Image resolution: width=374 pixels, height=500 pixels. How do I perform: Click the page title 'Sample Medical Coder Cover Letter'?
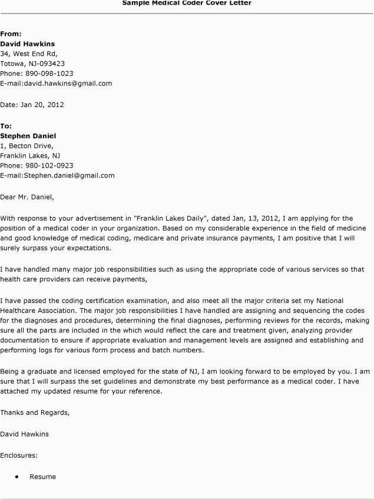[x=187, y=3]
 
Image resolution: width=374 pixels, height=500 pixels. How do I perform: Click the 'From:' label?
[x=10, y=34]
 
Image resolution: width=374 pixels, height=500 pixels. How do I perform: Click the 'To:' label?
[x=6, y=126]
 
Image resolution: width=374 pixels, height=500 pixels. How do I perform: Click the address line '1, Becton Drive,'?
[x=27, y=146]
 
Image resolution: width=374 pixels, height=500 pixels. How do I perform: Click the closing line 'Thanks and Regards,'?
[x=35, y=412]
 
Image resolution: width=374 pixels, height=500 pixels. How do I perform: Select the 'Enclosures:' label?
[x=19, y=455]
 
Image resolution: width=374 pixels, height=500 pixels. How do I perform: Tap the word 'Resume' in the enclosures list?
[x=43, y=476]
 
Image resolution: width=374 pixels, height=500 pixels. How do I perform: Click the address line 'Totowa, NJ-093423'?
[x=32, y=64]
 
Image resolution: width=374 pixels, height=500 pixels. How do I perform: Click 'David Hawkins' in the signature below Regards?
[x=25, y=434]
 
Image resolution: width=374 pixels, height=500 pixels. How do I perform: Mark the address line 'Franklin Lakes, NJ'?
[x=30, y=156]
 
